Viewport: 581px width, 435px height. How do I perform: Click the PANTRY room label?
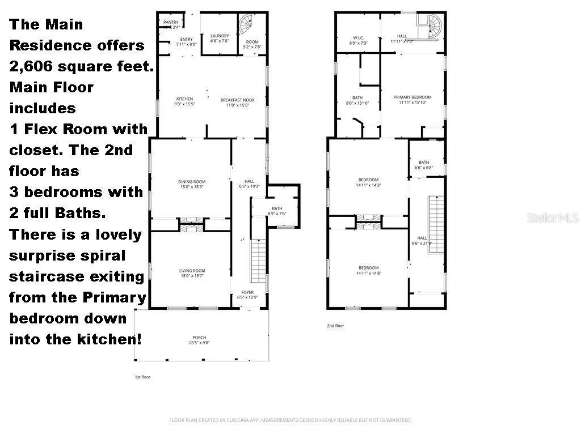171,23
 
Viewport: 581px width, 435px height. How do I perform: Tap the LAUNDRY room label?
220,36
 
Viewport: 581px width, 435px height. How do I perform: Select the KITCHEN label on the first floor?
184,100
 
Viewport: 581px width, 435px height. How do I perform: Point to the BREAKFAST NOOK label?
237,100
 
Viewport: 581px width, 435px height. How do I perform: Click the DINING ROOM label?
191,182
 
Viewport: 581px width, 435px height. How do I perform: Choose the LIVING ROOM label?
191,271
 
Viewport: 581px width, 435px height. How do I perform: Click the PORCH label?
199,338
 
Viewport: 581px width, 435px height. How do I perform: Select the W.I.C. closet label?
357,38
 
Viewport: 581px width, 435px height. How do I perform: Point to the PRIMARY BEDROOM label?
412,97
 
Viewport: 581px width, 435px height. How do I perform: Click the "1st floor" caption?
142,377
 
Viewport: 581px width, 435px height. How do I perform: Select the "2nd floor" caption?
335,326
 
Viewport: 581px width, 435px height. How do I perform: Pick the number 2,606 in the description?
29,66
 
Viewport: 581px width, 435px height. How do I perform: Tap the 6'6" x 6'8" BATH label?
424,165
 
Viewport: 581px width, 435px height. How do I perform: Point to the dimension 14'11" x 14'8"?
368,273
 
